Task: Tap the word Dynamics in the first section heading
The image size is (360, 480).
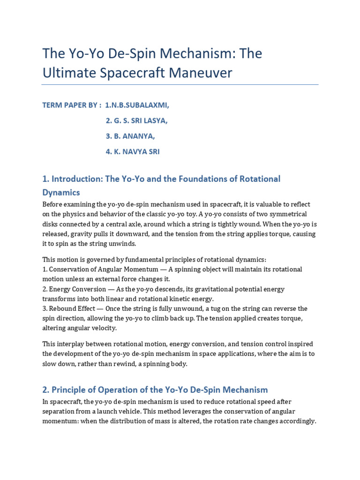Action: pyautogui.click(x=61, y=192)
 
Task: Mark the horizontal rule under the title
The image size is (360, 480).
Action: pyautogui.click(x=180, y=85)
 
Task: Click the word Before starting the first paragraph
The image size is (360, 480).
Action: pyautogui.click(x=53, y=204)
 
